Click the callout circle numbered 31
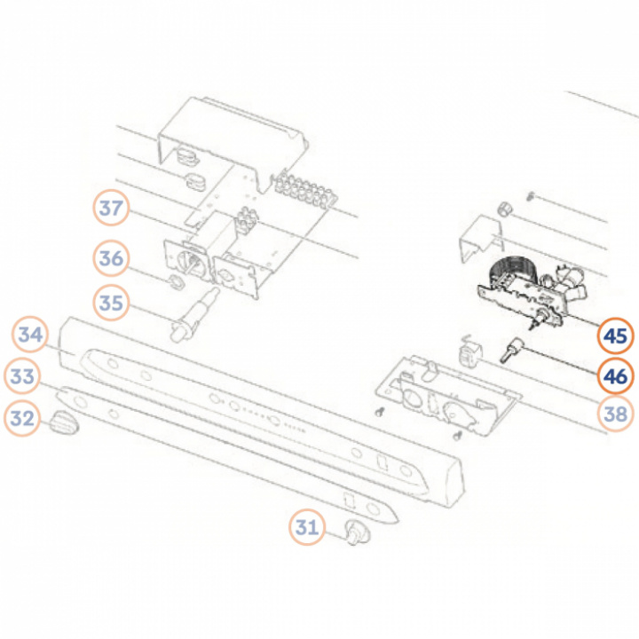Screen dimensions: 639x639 307,527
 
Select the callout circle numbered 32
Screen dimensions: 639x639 22,418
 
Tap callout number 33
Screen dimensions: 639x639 22,375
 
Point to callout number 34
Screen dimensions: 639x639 30,335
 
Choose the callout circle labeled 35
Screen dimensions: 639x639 111,303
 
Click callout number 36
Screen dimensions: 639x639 111,258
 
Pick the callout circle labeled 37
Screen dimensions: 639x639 111,208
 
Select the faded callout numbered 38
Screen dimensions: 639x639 615,414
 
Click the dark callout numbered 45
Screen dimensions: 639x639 615,335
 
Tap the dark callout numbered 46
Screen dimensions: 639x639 615,375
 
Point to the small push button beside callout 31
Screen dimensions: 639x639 357,532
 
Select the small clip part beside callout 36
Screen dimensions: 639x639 176,280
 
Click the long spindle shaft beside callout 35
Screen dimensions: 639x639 194,315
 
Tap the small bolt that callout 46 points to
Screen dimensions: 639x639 511,350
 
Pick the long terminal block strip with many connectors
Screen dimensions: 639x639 306,190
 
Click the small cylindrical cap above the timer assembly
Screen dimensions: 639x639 505,209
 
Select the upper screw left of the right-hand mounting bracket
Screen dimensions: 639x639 380,412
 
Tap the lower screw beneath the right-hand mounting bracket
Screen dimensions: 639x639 458,436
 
